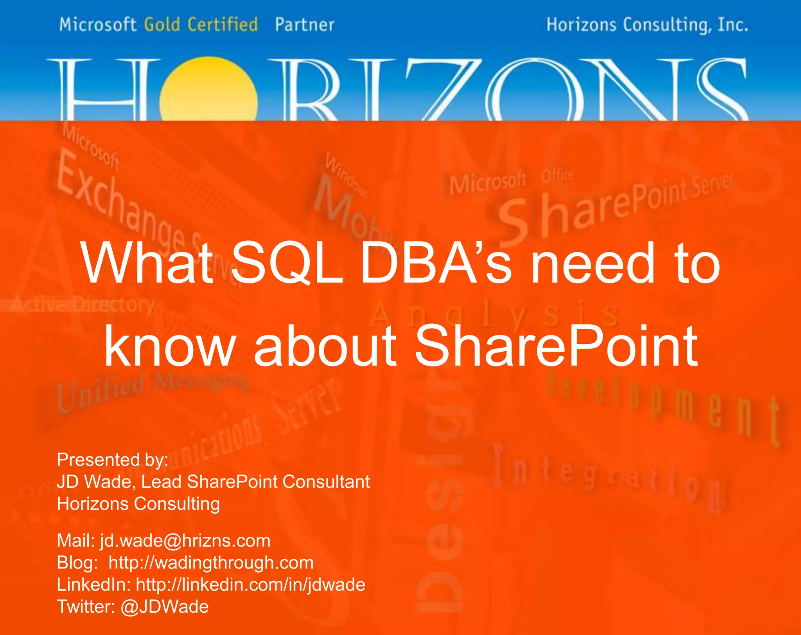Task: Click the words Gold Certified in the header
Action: tap(201, 25)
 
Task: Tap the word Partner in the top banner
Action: tap(305, 25)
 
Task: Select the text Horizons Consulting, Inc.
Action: tap(647, 25)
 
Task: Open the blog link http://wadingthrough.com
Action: tap(211, 563)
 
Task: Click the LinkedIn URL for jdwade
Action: tap(250, 584)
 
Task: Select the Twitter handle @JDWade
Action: tap(165, 606)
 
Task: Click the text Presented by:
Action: tap(113, 460)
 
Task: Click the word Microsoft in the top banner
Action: tap(98, 25)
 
